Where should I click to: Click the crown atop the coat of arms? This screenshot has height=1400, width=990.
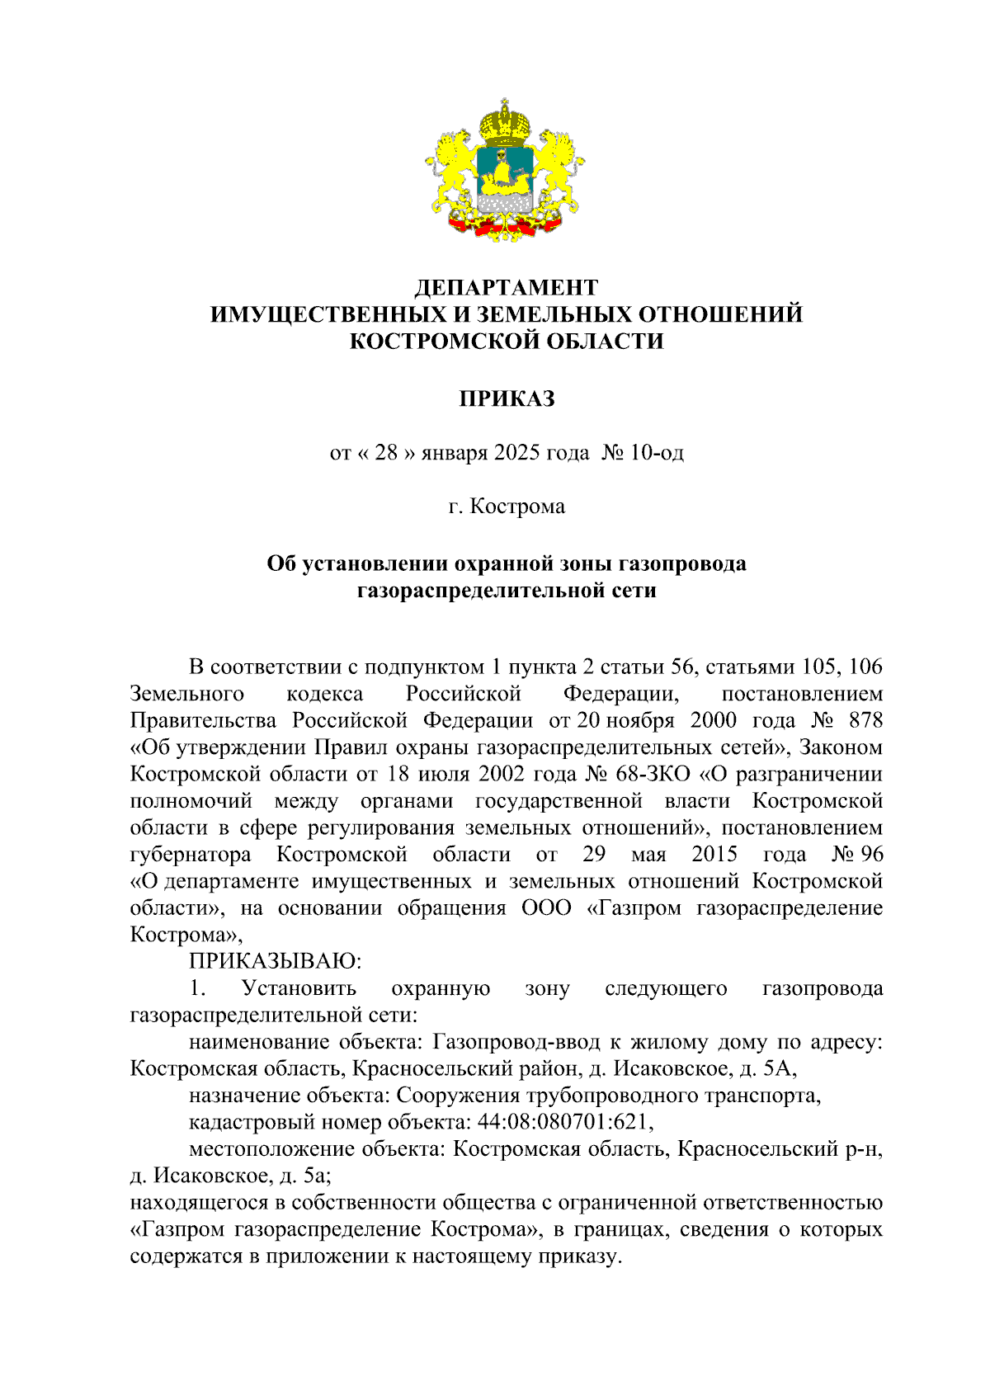point(505,121)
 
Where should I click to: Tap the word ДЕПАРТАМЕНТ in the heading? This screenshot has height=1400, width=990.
point(506,287)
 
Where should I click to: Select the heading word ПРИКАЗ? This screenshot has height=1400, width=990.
point(506,399)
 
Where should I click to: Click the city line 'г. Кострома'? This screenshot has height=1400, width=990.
point(506,506)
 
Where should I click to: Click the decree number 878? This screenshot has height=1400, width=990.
point(865,720)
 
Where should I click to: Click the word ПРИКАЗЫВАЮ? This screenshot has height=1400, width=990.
point(275,961)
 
